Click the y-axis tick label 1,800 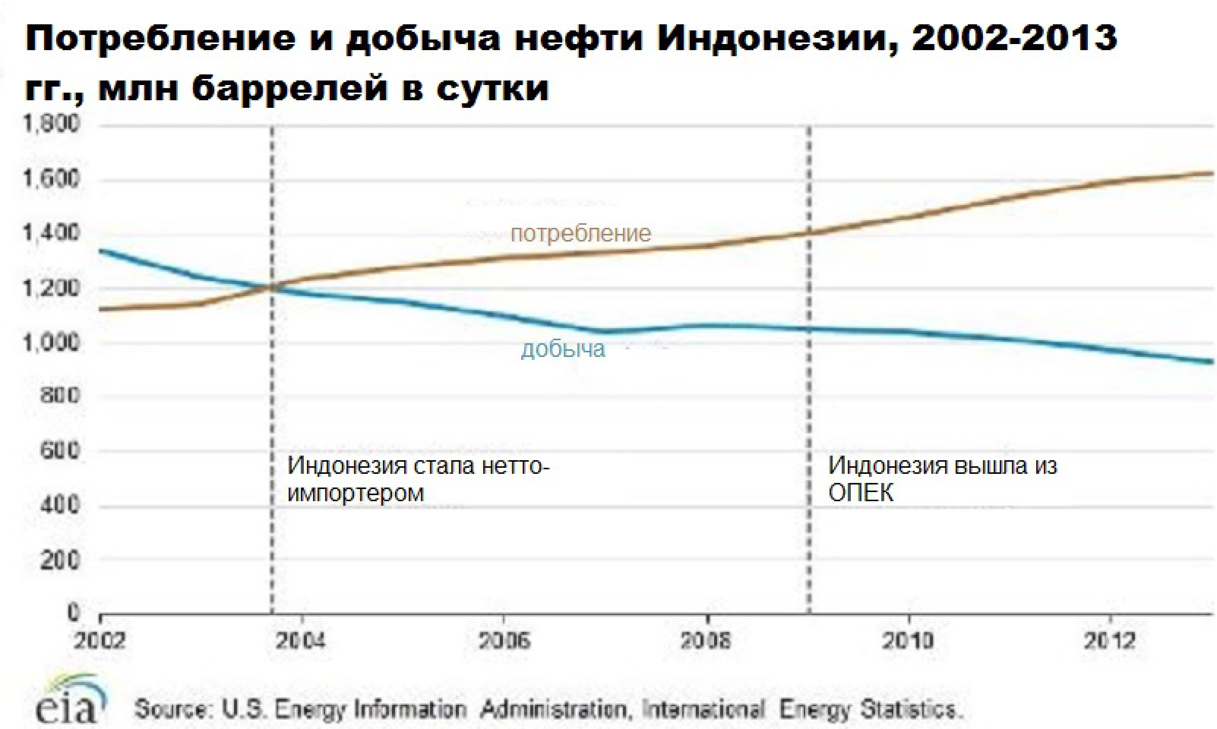click(51, 124)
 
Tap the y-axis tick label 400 click(59, 505)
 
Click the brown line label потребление click(581, 234)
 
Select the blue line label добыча click(563, 349)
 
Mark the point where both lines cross click(272, 288)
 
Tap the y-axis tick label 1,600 click(51, 179)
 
